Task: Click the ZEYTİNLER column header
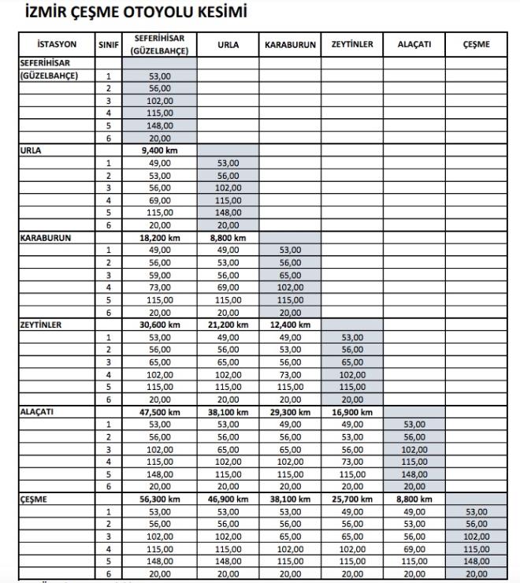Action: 351,45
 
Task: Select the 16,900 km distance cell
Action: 351,410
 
